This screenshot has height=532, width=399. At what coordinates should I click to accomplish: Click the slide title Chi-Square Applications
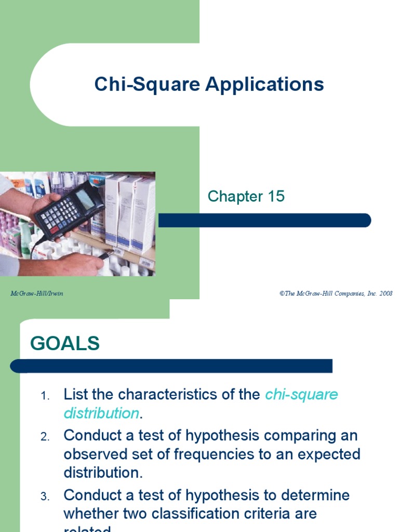(x=209, y=84)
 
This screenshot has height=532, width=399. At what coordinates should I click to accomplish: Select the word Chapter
(x=235, y=196)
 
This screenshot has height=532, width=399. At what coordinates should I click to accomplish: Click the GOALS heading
(x=65, y=343)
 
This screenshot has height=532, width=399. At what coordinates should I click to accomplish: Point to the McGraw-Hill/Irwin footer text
(x=37, y=294)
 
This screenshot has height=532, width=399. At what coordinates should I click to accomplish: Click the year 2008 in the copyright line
(x=385, y=294)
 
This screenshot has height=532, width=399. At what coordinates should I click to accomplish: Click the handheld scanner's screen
(x=86, y=199)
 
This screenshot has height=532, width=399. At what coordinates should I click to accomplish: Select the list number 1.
(x=45, y=396)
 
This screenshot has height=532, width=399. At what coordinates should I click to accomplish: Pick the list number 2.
(x=45, y=436)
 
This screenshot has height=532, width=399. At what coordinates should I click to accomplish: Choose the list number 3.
(x=45, y=497)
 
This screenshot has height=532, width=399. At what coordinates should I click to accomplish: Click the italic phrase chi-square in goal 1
(x=301, y=394)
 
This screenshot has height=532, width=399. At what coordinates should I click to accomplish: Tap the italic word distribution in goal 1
(x=101, y=414)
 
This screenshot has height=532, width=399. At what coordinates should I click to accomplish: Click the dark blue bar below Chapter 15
(x=264, y=220)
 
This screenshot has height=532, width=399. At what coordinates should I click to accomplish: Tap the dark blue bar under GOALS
(x=171, y=366)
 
